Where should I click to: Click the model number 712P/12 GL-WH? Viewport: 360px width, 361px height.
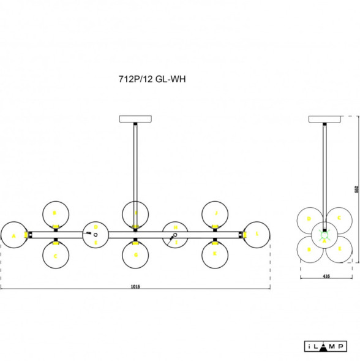coord(152,78)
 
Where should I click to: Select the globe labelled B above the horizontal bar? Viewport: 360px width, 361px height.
coord(55,214)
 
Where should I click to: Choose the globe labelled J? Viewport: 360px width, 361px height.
coord(215,213)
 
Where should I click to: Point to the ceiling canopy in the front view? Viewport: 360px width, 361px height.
coord(135,119)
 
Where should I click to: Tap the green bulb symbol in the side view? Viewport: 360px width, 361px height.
coord(325,234)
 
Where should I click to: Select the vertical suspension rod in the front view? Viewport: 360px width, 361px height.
coord(135,162)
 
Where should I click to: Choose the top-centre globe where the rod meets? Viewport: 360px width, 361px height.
coord(135,213)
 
